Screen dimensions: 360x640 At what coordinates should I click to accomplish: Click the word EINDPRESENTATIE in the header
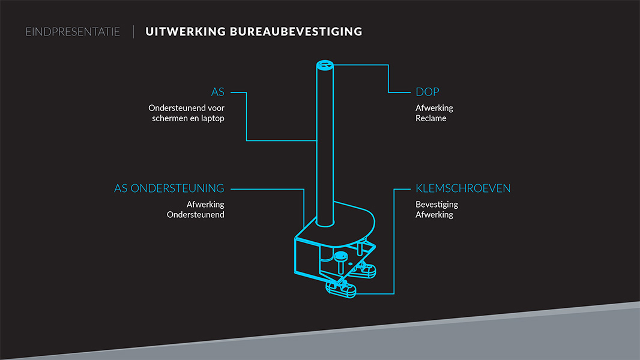[73, 31]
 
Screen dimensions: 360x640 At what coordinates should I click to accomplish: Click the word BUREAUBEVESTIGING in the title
[296, 31]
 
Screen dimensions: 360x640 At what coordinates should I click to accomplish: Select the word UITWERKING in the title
[184, 31]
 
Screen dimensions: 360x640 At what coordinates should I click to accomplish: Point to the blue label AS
[217, 92]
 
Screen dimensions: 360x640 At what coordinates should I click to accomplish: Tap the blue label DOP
[427, 92]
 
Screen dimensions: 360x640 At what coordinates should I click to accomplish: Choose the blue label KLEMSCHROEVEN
[463, 188]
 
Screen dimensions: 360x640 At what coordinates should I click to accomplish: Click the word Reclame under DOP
[430, 118]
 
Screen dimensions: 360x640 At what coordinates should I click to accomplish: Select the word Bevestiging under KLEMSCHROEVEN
[436, 205]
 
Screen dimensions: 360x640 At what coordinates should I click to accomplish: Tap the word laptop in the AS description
[212, 118]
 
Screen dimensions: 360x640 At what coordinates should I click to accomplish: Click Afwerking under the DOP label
[434, 108]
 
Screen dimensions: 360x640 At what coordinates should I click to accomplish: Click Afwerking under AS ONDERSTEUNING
[205, 205]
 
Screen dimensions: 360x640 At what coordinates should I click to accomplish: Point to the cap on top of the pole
[325, 65]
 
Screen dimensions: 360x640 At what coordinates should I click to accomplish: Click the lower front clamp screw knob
[340, 290]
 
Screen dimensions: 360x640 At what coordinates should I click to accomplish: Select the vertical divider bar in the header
[133, 31]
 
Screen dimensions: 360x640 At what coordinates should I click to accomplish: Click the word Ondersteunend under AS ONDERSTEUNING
[195, 215]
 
